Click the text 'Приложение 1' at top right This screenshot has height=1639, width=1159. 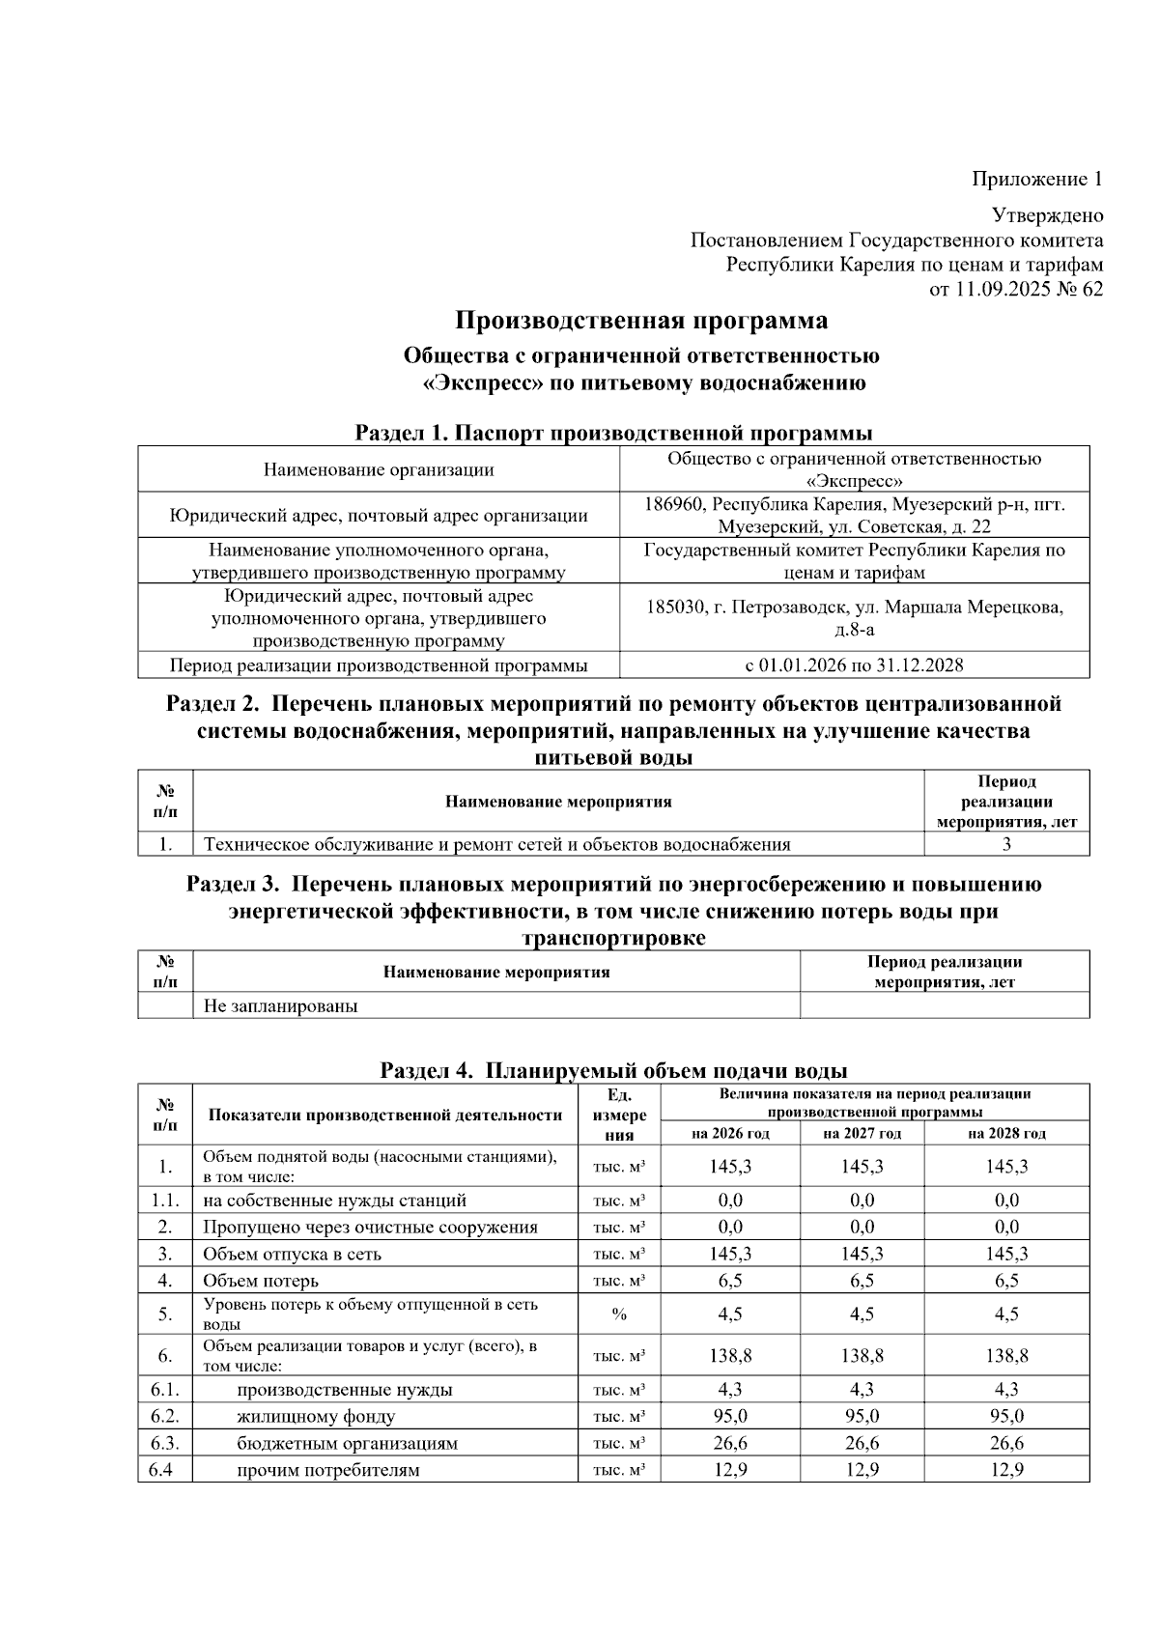(x=1036, y=180)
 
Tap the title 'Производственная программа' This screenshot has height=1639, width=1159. (x=641, y=320)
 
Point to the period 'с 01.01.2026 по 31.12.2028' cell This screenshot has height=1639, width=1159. (x=854, y=664)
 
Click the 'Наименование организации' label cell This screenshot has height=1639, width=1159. (x=379, y=470)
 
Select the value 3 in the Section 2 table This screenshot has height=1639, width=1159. (x=1006, y=844)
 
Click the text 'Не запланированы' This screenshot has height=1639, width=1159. (x=280, y=1005)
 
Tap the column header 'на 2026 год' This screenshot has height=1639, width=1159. (x=730, y=1133)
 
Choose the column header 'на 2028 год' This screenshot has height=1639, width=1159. (x=1006, y=1133)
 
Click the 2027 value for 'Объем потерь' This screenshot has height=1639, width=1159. (x=862, y=1281)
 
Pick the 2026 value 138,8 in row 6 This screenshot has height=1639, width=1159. (x=730, y=1355)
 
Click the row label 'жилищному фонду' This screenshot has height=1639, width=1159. (x=316, y=1417)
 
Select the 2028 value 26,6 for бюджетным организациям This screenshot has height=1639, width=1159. (x=1006, y=1444)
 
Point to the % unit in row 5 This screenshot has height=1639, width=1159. (x=619, y=1314)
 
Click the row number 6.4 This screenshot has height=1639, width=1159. (x=164, y=1471)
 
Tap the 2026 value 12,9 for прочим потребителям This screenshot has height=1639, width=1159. (x=730, y=1471)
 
